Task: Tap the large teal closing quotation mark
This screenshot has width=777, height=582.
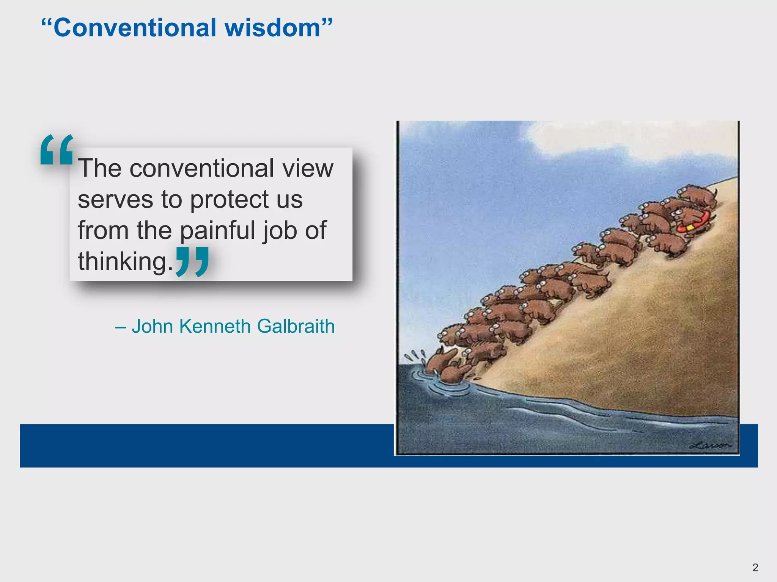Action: (193, 261)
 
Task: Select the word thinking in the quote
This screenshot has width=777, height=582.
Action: (122, 261)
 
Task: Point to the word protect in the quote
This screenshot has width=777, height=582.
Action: (246, 199)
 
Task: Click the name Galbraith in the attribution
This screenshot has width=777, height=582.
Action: (296, 326)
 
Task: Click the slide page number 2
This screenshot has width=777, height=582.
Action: (755, 567)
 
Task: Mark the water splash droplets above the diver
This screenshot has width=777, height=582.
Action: (415, 355)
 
